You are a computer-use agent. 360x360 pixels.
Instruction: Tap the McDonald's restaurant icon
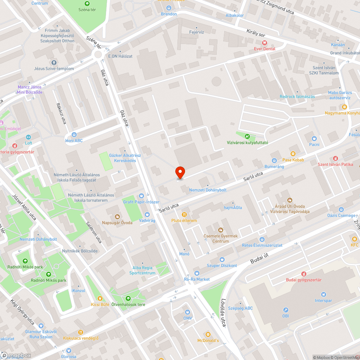pyautogui.click(x=208, y=334)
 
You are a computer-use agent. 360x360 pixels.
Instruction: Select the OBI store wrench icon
pyautogui.click(x=285, y=310)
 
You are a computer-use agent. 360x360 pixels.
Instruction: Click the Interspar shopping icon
pyautogui.click(x=323, y=294)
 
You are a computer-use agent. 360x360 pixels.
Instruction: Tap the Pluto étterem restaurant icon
pyautogui.click(x=184, y=215)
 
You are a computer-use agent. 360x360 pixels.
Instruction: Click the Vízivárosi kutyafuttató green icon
pyautogui.click(x=247, y=136)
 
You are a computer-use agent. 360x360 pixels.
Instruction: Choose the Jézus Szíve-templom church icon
pyautogui.click(x=54, y=63)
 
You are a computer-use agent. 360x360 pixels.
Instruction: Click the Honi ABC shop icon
pyautogui.click(x=74, y=134)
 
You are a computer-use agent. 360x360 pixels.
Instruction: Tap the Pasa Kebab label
pyautogui.click(x=293, y=160)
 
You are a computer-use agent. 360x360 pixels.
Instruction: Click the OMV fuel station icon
pyautogui.click(x=188, y=312)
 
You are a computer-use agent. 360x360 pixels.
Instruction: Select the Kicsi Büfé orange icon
pyautogui.click(x=100, y=298)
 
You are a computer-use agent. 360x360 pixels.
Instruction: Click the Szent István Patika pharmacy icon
pyautogui.click(x=335, y=158)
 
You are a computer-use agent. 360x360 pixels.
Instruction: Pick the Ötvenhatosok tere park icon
pyautogui.click(x=128, y=298)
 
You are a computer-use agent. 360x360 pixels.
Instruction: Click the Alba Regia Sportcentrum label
pyautogui.click(x=143, y=270)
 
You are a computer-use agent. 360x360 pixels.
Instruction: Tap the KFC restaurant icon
pyautogui.click(x=355, y=239)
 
